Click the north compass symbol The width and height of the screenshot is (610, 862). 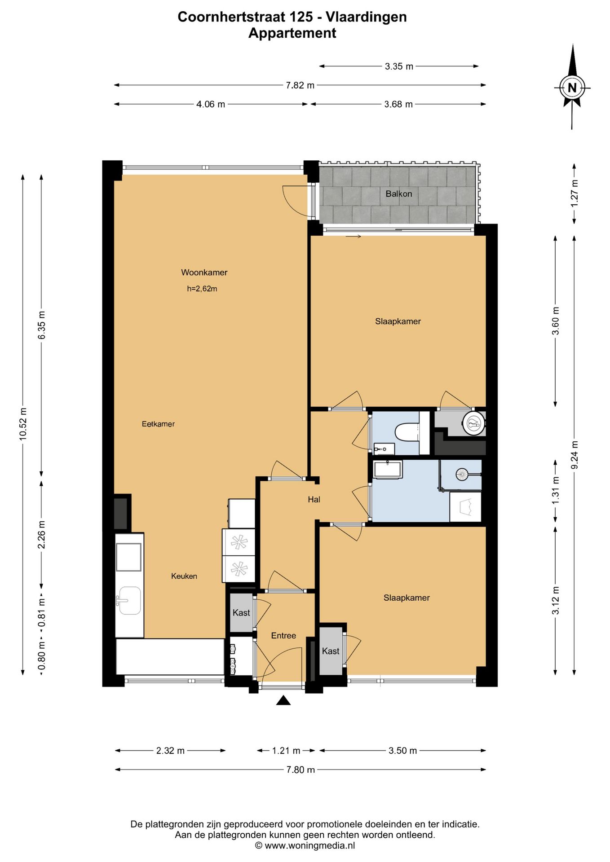[572, 87]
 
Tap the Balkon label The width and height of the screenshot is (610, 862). [398, 194]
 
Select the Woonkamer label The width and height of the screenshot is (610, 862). [204, 273]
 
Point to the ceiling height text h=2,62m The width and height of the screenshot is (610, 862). [202, 289]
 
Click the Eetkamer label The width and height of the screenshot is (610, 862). [158, 424]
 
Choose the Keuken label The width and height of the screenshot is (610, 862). [184, 576]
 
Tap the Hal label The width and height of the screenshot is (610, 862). [314, 499]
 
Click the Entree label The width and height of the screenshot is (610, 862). [283, 636]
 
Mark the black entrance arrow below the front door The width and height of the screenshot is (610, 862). [283, 700]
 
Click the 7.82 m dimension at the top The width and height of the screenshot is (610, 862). [300, 85]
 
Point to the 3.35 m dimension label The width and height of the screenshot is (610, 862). [399, 66]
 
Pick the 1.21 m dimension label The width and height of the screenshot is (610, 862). [286, 751]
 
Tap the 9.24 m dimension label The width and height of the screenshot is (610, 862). [575, 455]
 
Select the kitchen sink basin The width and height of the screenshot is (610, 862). [129, 600]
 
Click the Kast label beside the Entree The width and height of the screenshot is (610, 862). [241, 613]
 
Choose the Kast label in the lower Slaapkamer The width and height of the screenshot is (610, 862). [331, 651]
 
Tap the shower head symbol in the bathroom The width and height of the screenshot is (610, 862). [462, 473]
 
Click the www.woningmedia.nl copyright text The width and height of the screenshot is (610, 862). [305, 846]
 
